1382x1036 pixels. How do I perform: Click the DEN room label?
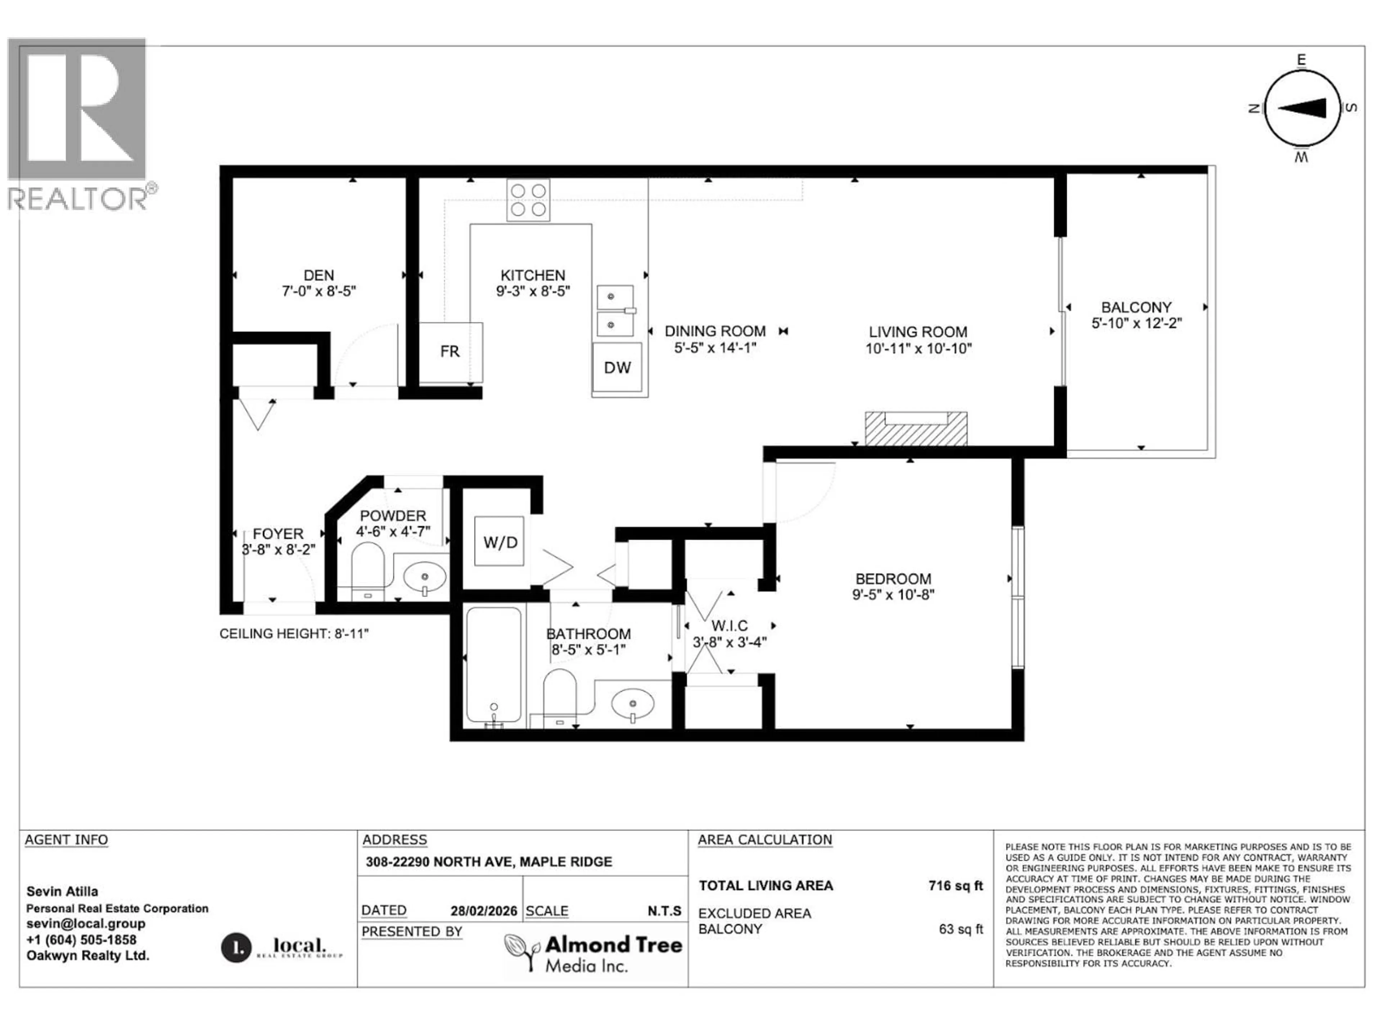pyautogui.click(x=319, y=276)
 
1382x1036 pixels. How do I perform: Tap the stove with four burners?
pyautogui.click(x=528, y=200)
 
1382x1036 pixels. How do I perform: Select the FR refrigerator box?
pyautogui.click(x=450, y=351)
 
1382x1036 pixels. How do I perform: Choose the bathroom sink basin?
pyautogui.click(x=632, y=704)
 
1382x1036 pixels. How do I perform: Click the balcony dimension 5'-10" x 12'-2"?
pyautogui.click(x=1137, y=323)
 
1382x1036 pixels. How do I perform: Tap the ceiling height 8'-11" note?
pyautogui.click(x=294, y=634)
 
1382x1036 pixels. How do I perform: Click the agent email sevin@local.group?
pyautogui.click(x=86, y=924)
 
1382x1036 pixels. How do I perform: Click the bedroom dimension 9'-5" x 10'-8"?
pyautogui.click(x=893, y=595)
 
